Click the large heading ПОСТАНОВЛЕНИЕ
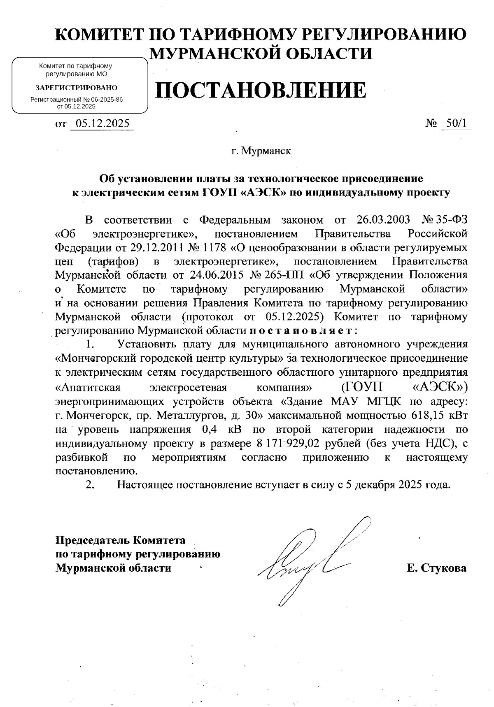[260, 91]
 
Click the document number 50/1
[456, 123]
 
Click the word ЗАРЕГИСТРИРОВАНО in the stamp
[76, 88]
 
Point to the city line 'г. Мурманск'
[261, 151]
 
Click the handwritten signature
[313, 560]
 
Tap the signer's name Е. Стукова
[436, 568]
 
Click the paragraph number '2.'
[91, 485]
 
